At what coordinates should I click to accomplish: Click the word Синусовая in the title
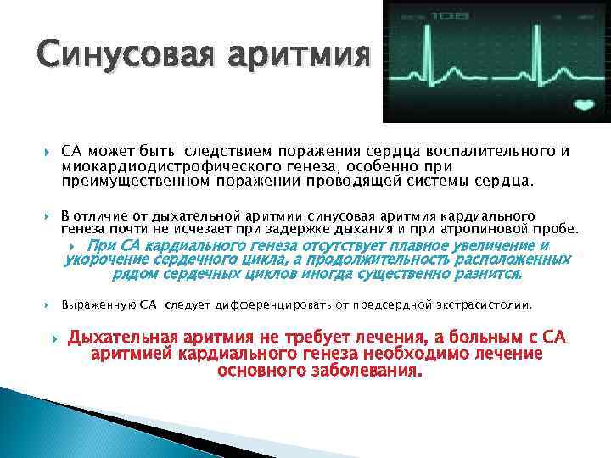(126, 53)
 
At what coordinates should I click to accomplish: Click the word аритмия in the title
(299, 55)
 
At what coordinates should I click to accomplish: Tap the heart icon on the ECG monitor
(584, 104)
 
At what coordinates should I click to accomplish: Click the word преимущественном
(135, 182)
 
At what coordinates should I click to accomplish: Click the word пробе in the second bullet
(558, 229)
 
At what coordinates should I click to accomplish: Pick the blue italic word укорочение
(106, 260)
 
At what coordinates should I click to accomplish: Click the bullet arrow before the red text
(55, 339)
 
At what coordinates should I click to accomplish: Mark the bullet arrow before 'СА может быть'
(48, 152)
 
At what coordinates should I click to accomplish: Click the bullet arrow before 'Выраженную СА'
(47, 305)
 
